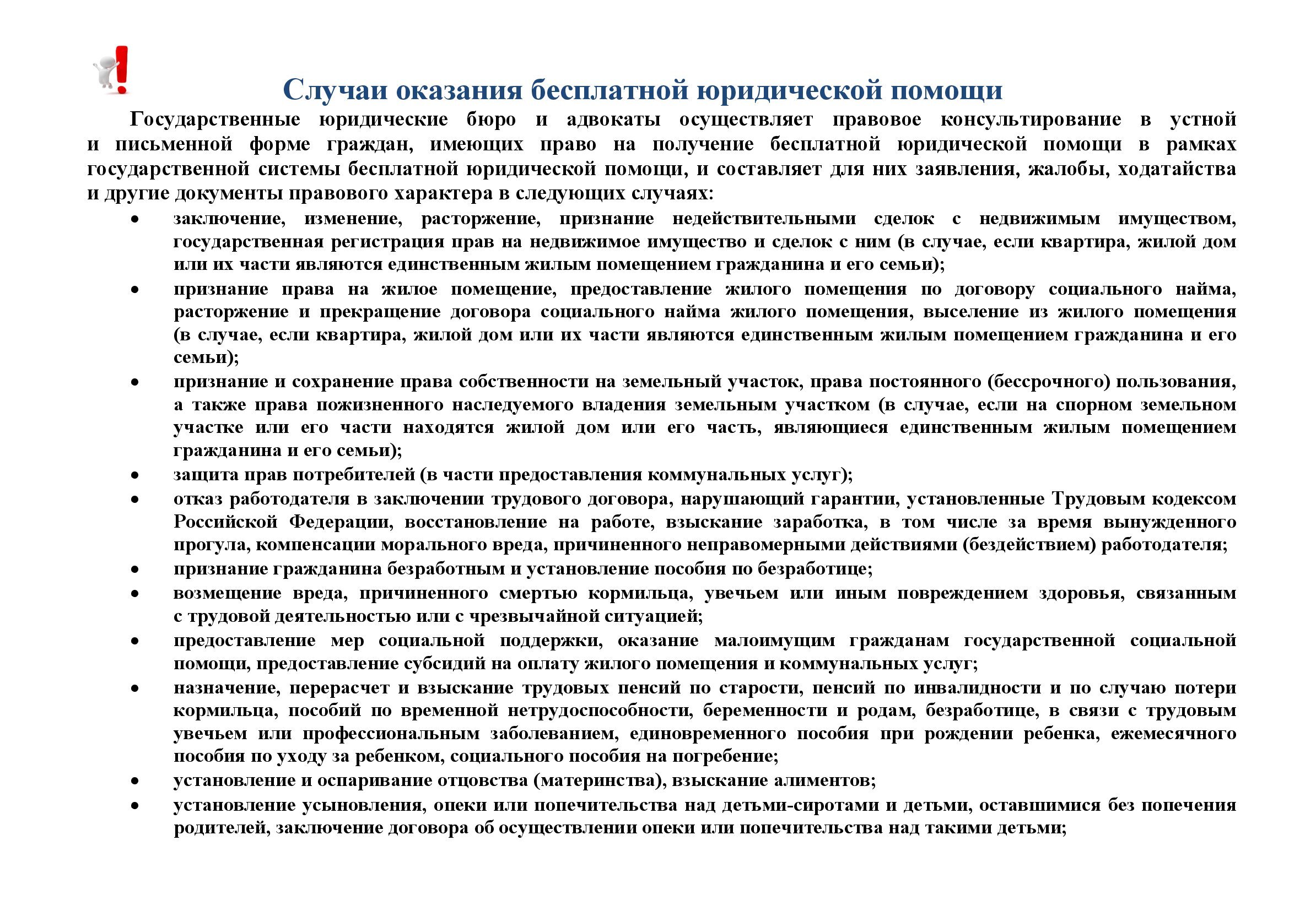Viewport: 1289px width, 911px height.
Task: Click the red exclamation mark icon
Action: click(x=122, y=69)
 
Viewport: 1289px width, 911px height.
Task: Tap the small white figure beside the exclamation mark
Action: click(x=104, y=73)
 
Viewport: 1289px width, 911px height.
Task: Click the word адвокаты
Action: click(x=613, y=120)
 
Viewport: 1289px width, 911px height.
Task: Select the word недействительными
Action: click(x=764, y=218)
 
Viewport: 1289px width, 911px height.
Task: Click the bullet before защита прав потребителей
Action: click(x=134, y=475)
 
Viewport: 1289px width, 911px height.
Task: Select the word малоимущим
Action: click(x=775, y=640)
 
